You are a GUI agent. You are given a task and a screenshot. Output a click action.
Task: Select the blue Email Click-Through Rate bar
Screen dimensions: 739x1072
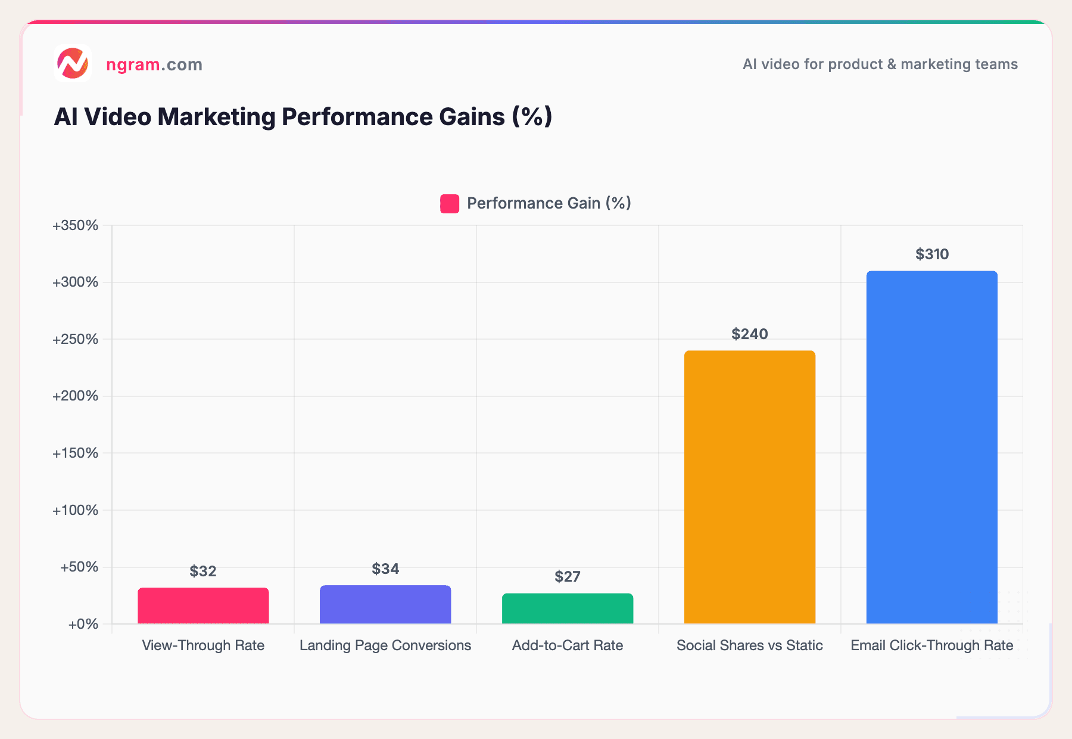coord(931,447)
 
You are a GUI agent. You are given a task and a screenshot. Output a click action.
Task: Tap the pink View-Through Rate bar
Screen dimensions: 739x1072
coord(203,606)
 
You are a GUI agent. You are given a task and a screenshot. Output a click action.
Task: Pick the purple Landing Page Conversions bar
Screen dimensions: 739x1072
coord(385,604)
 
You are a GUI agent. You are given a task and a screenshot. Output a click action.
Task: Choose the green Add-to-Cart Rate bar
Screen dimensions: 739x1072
coord(568,608)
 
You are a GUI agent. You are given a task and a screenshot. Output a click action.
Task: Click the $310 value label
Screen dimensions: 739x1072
coord(932,254)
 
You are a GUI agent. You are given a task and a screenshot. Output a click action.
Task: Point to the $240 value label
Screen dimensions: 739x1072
coord(749,334)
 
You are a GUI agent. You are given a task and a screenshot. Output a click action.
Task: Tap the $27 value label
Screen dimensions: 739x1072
coord(568,577)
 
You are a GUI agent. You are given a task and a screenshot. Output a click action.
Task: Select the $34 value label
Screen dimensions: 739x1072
coord(385,569)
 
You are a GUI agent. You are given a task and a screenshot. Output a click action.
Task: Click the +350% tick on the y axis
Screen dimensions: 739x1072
coord(76,226)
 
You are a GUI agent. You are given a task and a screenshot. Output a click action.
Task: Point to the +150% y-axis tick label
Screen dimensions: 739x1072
coord(76,454)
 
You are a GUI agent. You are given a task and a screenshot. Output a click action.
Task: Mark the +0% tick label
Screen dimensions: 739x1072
coord(83,625)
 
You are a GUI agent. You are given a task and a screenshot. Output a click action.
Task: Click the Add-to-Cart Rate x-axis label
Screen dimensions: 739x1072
coord(568,645)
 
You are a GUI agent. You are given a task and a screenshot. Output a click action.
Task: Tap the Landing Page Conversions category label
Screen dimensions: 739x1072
coord(385,645)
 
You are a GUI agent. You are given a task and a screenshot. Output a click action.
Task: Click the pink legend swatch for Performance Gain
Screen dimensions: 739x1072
coord(450,204)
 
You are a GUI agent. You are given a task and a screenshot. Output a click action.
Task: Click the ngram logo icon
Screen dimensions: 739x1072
coord(73,63)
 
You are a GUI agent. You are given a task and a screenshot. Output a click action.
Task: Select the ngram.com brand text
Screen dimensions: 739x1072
coord(154,64)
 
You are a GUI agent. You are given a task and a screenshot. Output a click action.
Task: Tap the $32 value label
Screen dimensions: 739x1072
coord(203,572)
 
